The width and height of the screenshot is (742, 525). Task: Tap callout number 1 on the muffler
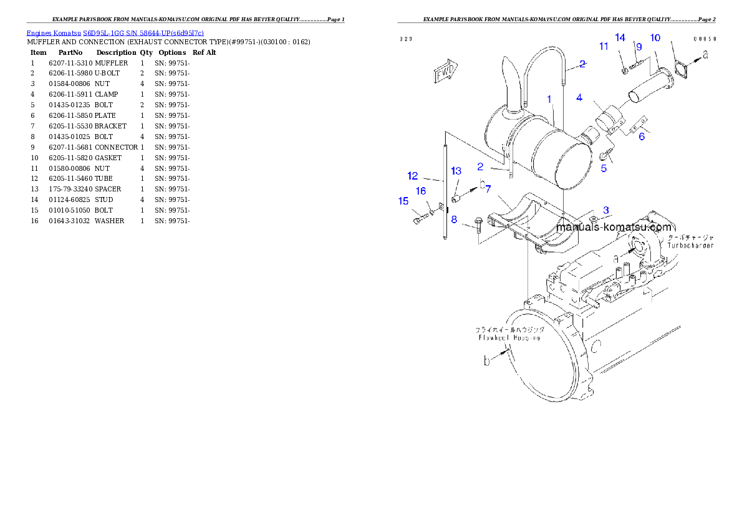point(549,99)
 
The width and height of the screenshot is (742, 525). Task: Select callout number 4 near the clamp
point(579,97)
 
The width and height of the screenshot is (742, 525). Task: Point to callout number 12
point(413,176)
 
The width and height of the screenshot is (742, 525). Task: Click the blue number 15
point(403,201)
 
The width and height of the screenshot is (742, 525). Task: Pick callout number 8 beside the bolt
point(454,219)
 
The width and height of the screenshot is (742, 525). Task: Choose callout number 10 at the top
point(655,38)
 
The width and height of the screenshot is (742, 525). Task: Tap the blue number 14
point(620,37)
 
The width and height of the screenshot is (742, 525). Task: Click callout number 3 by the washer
point(605,210)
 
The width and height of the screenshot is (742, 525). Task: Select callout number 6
point(642,137)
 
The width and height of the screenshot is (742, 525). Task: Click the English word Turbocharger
point(690,246)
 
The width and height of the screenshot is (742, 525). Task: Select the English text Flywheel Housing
point(511,337)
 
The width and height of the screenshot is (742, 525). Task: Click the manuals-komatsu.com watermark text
point(614,228)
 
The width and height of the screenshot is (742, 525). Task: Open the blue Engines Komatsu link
point(115,32)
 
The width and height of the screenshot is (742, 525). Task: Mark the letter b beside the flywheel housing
point(487,360)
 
